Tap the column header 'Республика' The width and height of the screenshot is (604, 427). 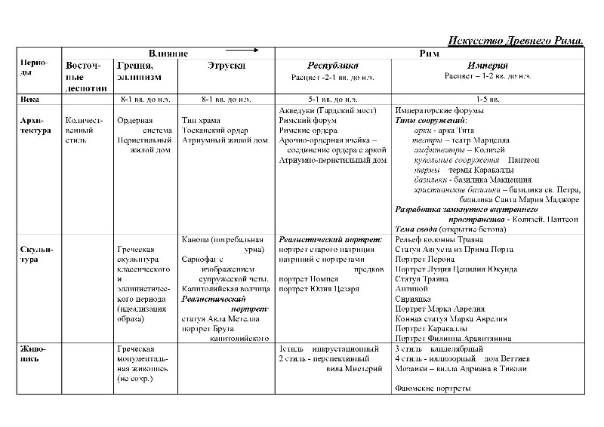coord(333,66)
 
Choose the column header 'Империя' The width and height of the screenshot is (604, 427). coord(487,66)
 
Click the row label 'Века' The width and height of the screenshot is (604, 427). coord(31,99)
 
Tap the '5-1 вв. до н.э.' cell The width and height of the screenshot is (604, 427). coord(333,99)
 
